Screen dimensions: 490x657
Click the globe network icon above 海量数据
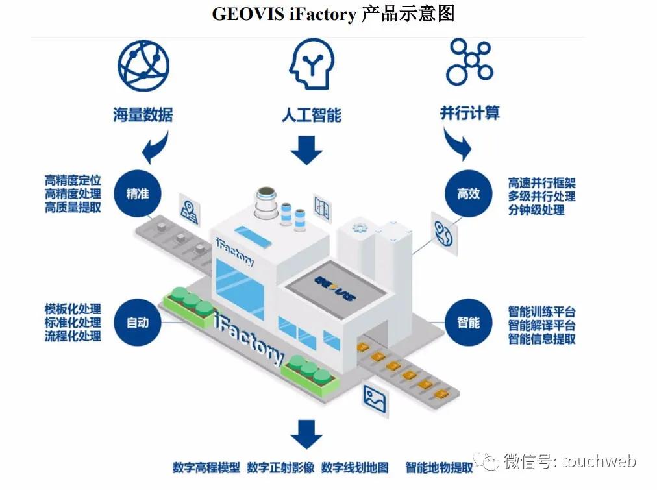pyautogui.click(x=143, y=66)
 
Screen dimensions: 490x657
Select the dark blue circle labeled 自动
pyautogui.click(x=138, y=322)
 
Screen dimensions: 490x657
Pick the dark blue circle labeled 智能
pyautogui.click(x=468, y=322)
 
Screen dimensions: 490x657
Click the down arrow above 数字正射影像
pyautogui.click(x=306, y=434)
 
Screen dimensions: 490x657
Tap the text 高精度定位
pyautogui.click(x=73, y=180)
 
